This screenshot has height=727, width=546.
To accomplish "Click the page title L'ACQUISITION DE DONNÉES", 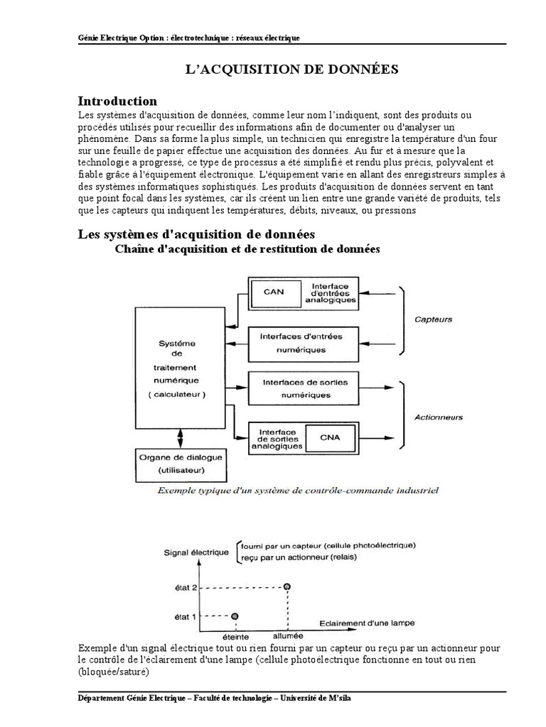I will pos(291,69).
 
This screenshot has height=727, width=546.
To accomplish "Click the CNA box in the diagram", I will pos(330,437).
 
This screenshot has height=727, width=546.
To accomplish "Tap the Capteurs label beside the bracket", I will pos(434,319).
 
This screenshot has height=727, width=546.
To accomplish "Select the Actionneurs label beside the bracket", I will pos(439,417).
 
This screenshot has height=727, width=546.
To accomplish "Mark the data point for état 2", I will pos(287,586).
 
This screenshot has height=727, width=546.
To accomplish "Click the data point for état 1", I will pos(235,616).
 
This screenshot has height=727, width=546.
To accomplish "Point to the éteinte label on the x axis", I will pos(236,637).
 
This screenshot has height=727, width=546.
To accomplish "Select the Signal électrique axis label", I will pos(196,552).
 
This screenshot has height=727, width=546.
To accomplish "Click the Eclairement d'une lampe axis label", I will pos(367,623).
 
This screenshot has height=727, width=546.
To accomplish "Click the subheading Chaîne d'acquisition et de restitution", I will pos(247,249).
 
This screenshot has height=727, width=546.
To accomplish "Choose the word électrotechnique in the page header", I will pos(196,38).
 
